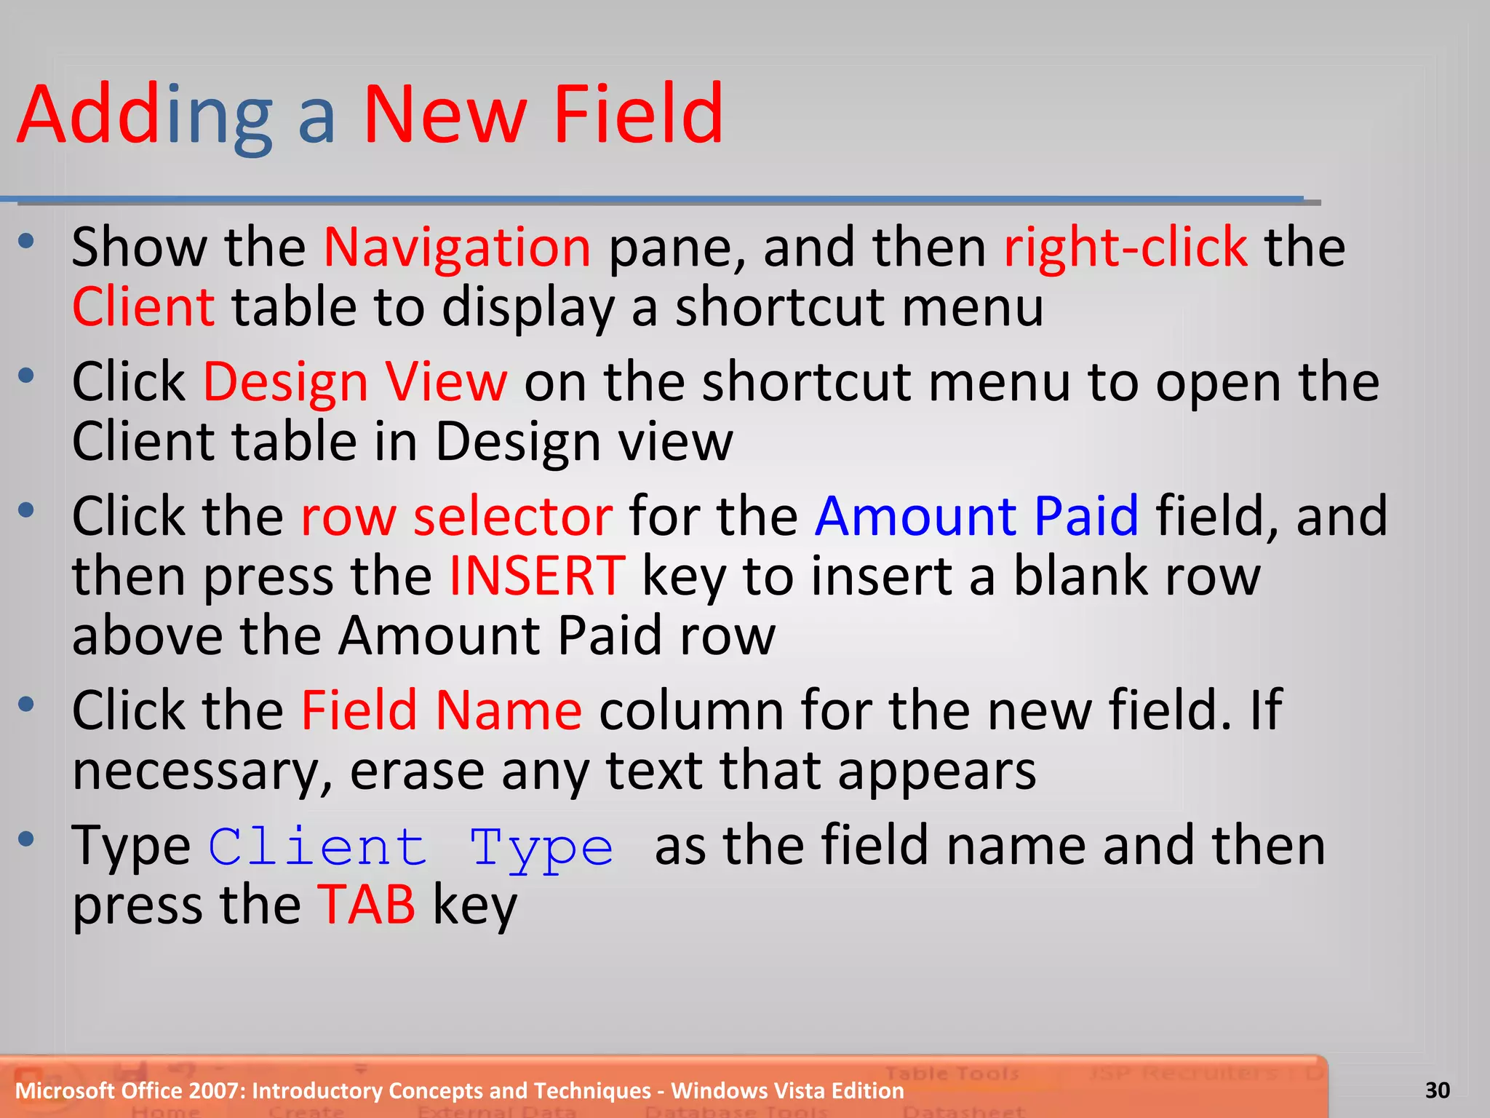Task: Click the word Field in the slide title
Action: [638, 114]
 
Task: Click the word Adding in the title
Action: [145, 114]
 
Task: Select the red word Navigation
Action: [457, 247]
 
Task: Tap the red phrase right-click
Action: [1126, 247]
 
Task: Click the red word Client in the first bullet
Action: [143, 307]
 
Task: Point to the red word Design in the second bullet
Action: [284, 382]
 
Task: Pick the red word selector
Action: [513, 516]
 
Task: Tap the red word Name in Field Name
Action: [509, 710]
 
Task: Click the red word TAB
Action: [367, 905]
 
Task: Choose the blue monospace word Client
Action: [318, 847]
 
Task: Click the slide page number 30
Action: [1437, 1090]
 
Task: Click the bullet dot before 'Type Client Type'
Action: [27, 839]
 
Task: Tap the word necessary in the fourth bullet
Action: [195, 772]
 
